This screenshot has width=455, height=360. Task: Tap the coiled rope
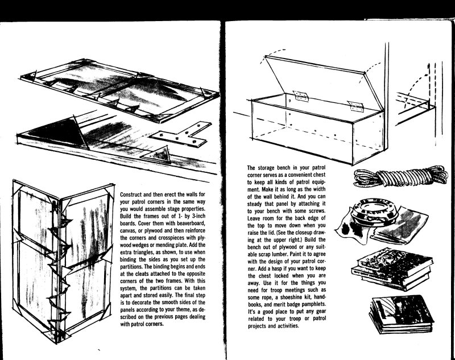(x=401, y=176)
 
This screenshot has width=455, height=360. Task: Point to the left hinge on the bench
(x=301, y=96)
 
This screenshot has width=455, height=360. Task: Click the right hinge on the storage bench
(x=356, y=106)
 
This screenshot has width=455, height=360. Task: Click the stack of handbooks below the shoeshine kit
(x=391, y=268)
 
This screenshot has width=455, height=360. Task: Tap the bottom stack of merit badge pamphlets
(x=402, y=314)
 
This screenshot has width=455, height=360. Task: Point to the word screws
(x=317, y=211)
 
